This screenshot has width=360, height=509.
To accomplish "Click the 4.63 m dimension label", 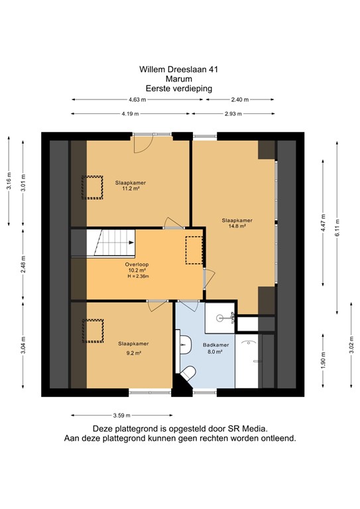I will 138,100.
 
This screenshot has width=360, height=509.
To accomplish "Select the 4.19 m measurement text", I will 131,114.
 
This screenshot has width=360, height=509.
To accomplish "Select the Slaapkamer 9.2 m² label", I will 133,347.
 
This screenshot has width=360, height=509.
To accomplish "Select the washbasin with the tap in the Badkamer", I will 219,319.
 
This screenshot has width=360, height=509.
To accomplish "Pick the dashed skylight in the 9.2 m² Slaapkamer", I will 93,331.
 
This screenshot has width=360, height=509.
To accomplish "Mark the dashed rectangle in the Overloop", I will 193,251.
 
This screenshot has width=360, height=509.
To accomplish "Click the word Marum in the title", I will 179,78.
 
